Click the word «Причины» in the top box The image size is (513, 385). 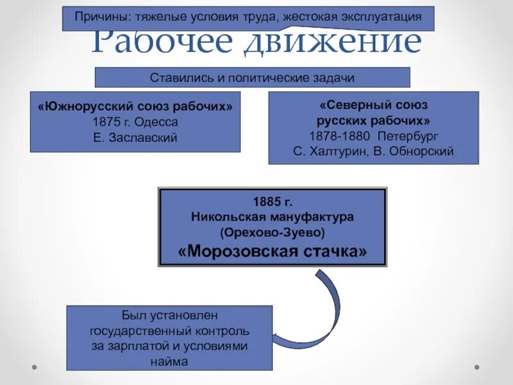(98, 17)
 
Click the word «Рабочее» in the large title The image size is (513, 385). (167, 42)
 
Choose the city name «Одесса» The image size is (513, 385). (156, 121)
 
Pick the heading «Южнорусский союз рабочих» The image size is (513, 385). (135, 106)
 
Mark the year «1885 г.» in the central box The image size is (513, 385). (272, 201)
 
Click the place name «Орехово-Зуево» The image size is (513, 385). (272, 232)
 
